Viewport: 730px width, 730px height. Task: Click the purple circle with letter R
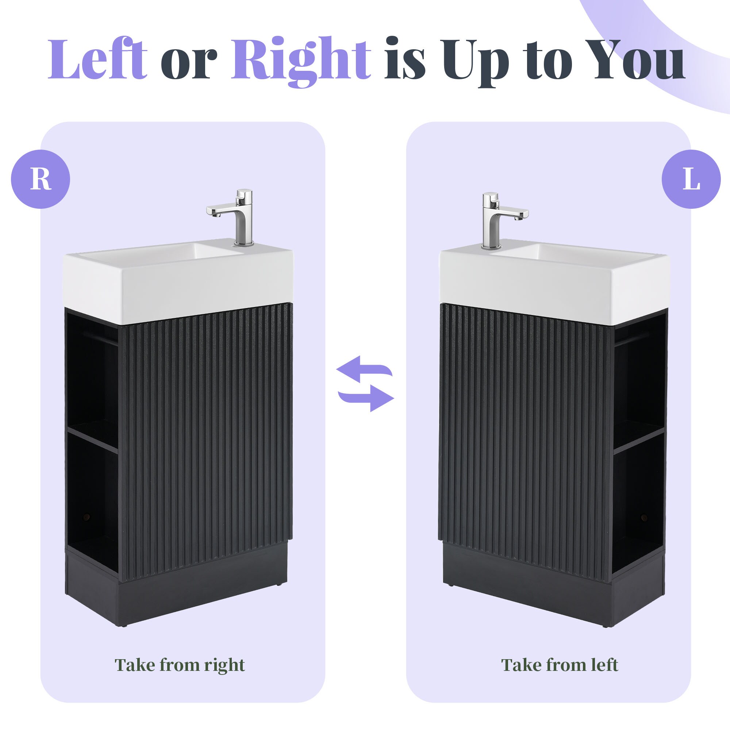41,179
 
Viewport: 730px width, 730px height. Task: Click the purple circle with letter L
691,179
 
